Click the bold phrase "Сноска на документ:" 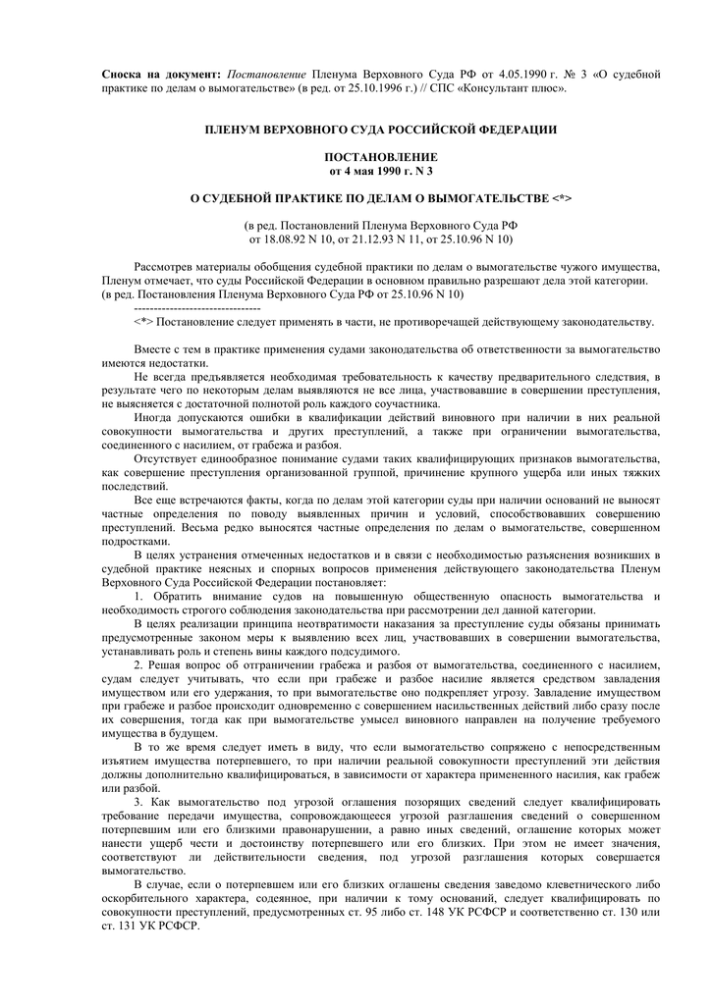161,75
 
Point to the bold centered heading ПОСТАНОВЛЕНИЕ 380,157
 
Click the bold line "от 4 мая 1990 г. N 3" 380,171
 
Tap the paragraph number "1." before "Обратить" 138,596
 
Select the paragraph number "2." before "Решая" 138,664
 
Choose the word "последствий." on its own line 135,486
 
